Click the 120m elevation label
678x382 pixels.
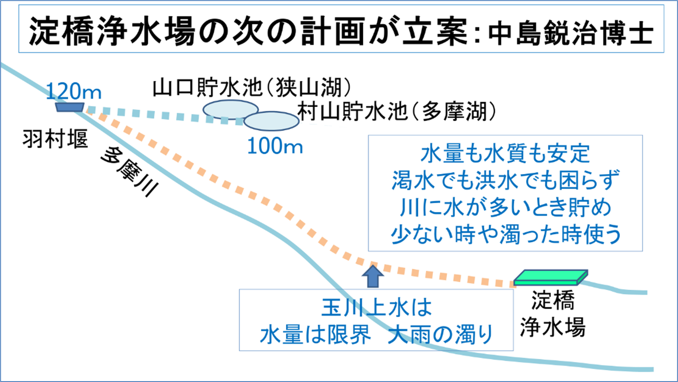(x=73, y=91)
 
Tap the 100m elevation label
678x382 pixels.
(x=275, y=146)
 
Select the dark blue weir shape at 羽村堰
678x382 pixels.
(x=70, y=107)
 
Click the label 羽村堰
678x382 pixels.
(x=56, y=139)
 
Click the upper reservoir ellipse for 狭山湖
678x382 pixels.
(x=230, y=109)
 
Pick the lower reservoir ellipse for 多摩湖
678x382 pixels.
(x=271, y=121)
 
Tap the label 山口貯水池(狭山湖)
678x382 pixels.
(x=251, y=88)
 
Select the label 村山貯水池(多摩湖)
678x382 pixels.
(x=396, y=111)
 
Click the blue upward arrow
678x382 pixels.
(x=373, y=276)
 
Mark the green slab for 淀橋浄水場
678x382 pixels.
(x=551, y=277)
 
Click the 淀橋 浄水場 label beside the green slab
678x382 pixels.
(x=553, y=313)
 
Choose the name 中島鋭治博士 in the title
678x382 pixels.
(x=570, y=33)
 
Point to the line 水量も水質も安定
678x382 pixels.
(x=505, y=153)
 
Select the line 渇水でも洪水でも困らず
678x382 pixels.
(x=505, y=180)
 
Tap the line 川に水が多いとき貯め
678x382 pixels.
(x=505, y=207)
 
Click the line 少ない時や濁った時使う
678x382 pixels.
(x=505, y=234)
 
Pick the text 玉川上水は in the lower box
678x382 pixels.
(x=376, y=308)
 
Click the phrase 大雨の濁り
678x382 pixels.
(x=441, y=335)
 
